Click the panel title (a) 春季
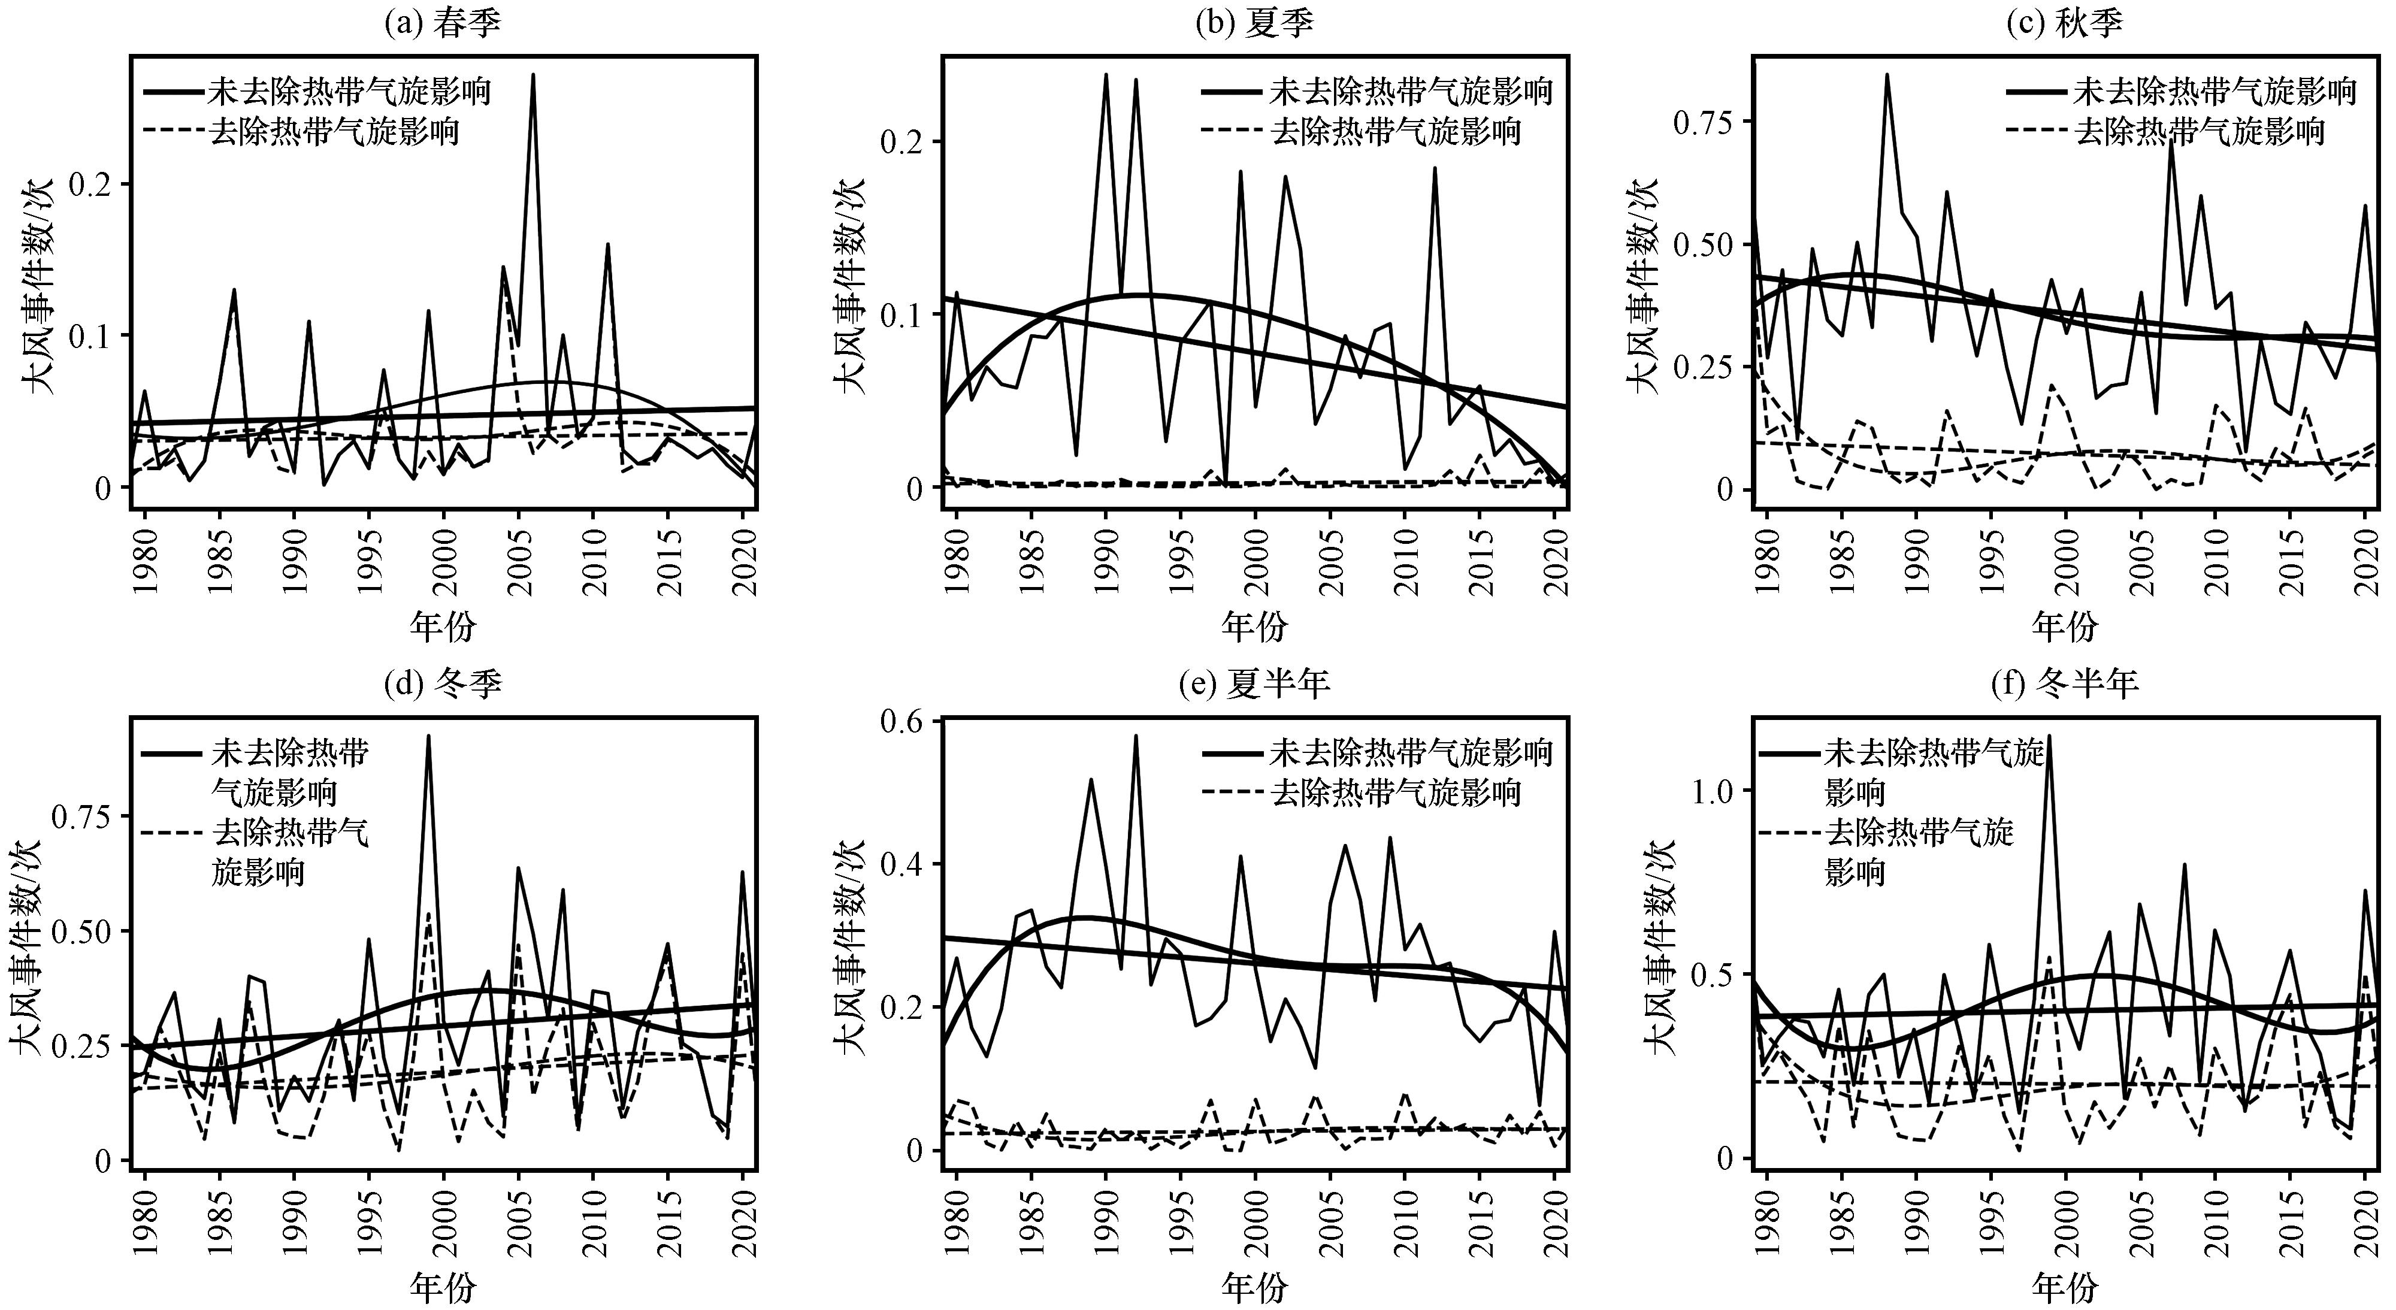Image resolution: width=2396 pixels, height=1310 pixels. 443,22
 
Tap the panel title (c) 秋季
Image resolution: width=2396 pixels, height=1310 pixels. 2065,22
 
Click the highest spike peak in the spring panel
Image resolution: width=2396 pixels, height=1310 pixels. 533,74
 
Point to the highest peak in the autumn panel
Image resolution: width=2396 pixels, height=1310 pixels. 1887,74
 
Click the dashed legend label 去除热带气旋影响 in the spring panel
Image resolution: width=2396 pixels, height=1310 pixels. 335,131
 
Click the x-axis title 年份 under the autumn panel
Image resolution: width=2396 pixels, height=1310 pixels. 2065,626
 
